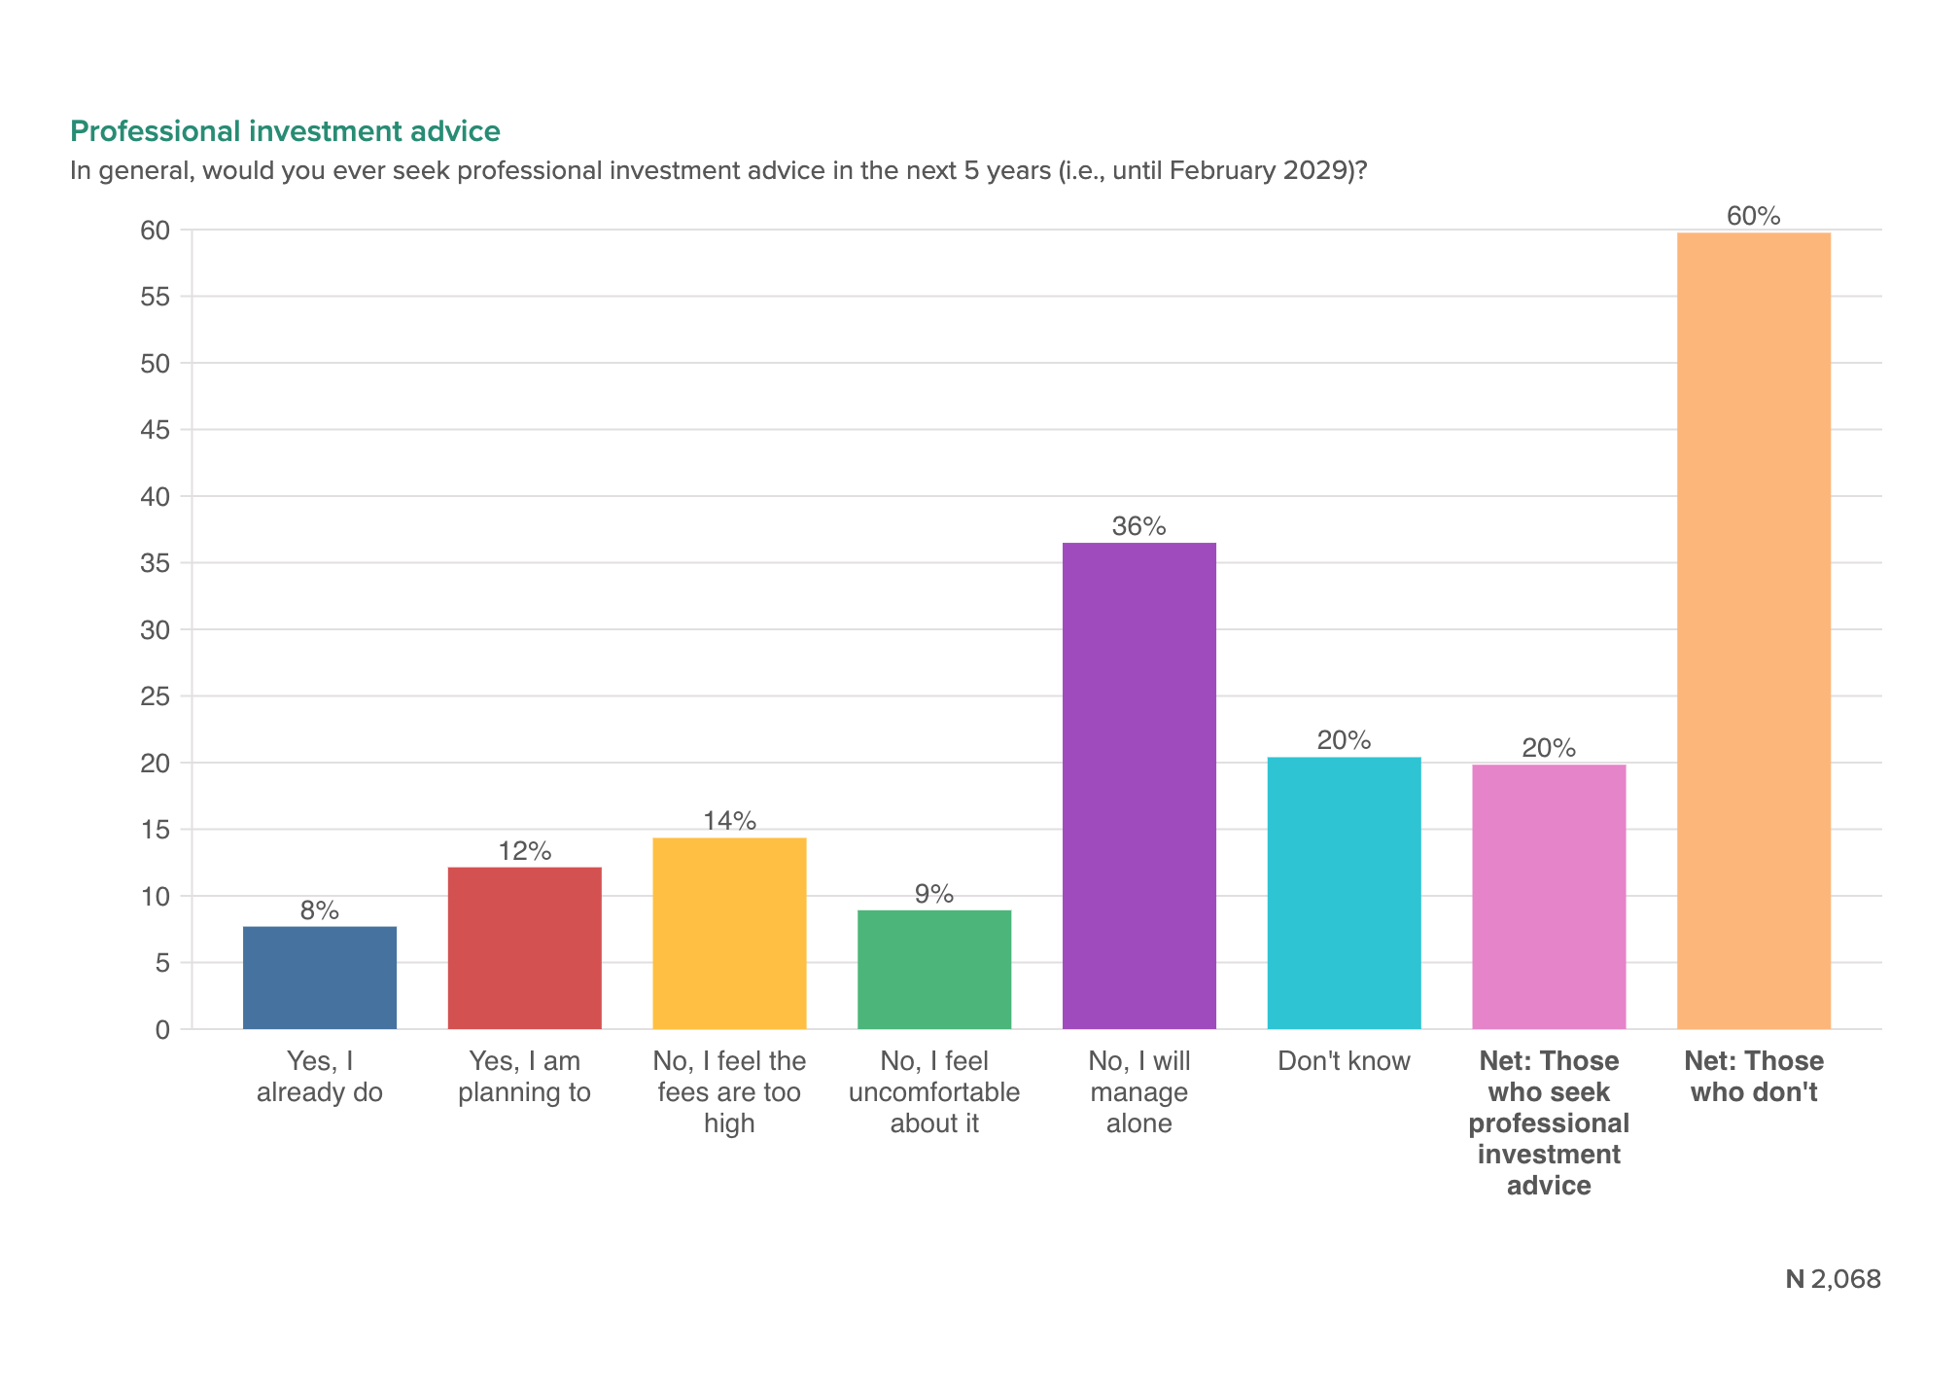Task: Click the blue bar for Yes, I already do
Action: coord(319,978)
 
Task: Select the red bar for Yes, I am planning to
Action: coord(524,948)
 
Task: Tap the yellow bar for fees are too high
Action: coord(729,934)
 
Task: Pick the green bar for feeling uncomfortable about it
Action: coord(934,970)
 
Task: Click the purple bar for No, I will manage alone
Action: coord(1138,786)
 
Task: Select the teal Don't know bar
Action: coord(1344,893)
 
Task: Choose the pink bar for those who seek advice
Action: coord(1549,897)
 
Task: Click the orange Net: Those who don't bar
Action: coord(1754,630)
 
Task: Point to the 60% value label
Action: coord(1754,217)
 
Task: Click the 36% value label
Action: coord(1138,527)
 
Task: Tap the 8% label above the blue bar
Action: coord(319,911)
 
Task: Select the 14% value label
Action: coord(729,822)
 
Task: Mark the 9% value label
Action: coord(934,895)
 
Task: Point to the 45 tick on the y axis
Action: coord(156,430)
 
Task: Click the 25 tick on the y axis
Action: coord(156,696)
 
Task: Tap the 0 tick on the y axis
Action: coord(162,1029)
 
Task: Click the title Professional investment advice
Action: coord(285,131)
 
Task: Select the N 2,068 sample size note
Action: coord(1833,1279)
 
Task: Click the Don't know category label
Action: coord(1344,1061)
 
